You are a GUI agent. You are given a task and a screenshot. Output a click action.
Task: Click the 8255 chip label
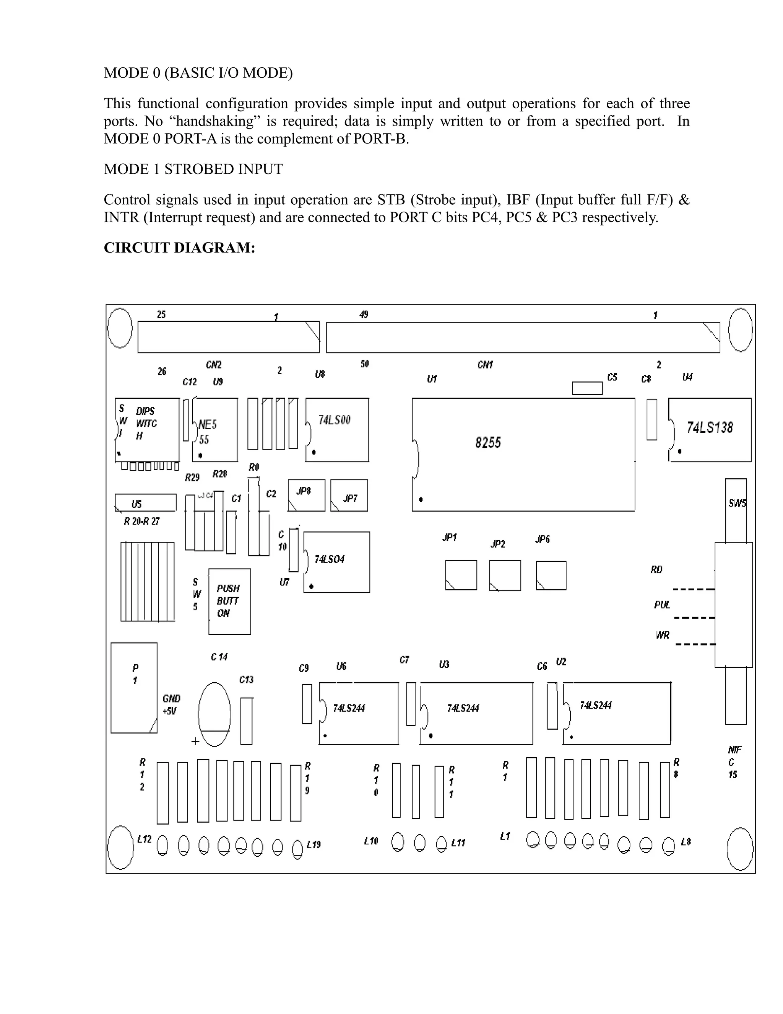[x=488, y=442]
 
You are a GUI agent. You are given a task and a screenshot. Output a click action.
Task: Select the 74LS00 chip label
[x=334, y=420]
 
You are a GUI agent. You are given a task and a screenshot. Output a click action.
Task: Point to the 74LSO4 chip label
[x=329, y=559]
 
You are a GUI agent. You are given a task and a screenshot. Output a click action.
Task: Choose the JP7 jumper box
[x=349, y=496]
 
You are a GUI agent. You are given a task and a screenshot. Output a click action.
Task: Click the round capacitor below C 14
[x=214, y=714]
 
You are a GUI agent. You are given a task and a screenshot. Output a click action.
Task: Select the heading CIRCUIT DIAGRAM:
[x=180, y=248]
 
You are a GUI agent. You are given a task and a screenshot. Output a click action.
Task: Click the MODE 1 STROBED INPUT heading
[x=193, y=169]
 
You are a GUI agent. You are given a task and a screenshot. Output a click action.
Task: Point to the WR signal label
[x=663, y=635]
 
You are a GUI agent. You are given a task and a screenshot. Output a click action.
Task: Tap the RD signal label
[x=656, y=570]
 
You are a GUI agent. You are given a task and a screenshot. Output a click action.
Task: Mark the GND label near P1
[x=171, y=698]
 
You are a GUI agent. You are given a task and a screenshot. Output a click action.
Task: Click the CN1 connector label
[x=485, y=365]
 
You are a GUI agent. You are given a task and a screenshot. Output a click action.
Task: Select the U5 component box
[x=145, y=502]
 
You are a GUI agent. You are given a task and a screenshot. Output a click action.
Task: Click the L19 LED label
[x=314, y=844]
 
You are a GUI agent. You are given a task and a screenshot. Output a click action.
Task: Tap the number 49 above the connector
[x=364, y=315]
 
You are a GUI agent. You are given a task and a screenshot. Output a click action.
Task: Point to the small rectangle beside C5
[x=587, y=388]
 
